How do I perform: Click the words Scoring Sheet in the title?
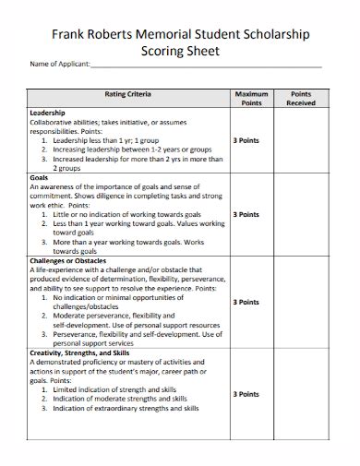(x=180, y=53)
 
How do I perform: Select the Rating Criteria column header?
(x=127, y=95)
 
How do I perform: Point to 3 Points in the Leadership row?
(x=250, y=141)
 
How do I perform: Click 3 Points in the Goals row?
(x=250, y=214)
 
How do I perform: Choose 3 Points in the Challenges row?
(x=250, y=302)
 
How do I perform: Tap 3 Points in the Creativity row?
(x=250, y=394)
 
